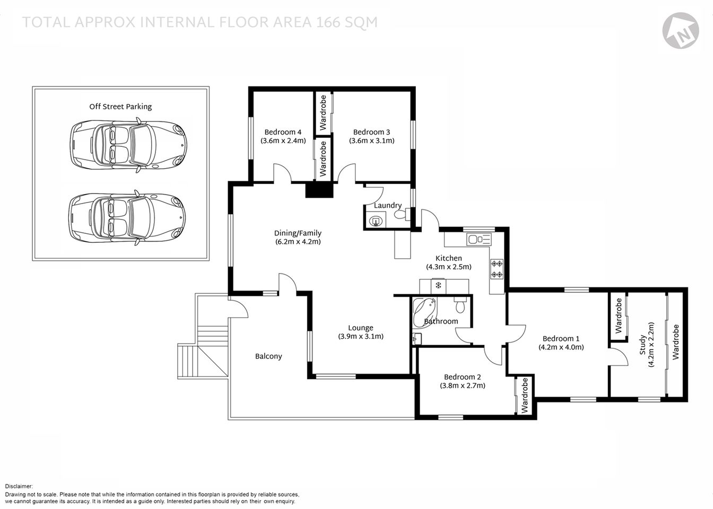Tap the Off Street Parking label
click(120, 107)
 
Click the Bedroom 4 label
click(283, 132)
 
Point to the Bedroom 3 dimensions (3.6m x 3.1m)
click(371, 141)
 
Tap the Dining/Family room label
click(298, 233)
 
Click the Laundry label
click(388, 205)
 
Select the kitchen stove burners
click(497, 268)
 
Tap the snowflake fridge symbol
click(438, 286)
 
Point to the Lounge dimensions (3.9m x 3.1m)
click(361, 336)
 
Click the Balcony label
click(268, 356)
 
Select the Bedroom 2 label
click(462, 377)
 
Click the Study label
click(642, 345)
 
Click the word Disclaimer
click(19, 486)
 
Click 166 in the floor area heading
click(330, 22)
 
